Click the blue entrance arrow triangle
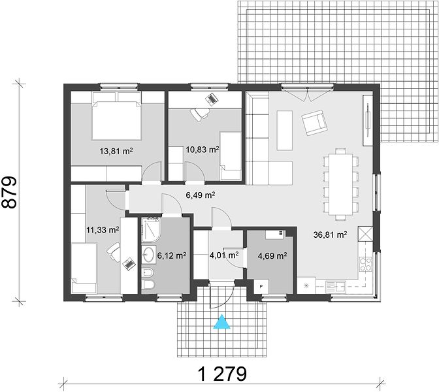221,322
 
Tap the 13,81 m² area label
116,152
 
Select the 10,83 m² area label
203,150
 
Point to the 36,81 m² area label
331,235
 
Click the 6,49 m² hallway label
201,195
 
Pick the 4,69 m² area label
272,255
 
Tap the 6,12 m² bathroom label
172,255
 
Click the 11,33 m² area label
103,230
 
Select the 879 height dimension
9,192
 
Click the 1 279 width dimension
223,374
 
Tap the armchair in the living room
314,122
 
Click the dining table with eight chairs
340,184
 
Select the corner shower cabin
151,229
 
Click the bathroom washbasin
149,255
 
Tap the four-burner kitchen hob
366,264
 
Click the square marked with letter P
261,286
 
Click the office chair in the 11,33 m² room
114,251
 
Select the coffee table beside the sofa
285,130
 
